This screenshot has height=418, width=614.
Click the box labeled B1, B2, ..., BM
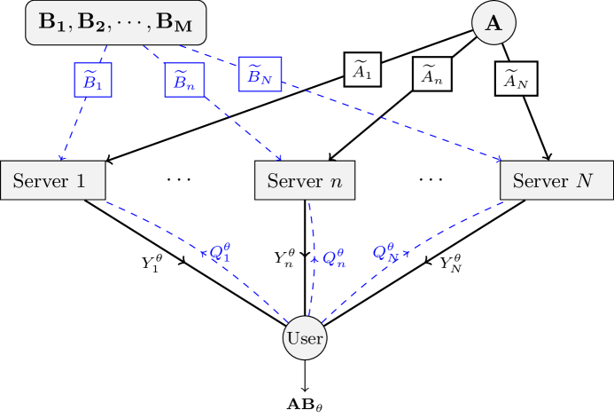click(116, 24)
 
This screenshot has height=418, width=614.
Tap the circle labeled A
click(494, 24)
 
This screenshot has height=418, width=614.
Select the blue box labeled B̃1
click(93, 80)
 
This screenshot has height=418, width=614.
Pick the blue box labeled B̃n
click(184, 80)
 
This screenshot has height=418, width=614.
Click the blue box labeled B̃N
click(260, 75)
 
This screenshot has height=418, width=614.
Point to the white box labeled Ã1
click(362, 69)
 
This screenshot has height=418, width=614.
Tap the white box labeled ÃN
click(516, 80)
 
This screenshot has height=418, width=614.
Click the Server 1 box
click(52, 181)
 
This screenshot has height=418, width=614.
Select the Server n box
click(305, 181)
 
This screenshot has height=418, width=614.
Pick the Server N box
click(556, 181)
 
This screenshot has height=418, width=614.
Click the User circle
click(305, 338)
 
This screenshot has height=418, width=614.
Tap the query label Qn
click(333, 258)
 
